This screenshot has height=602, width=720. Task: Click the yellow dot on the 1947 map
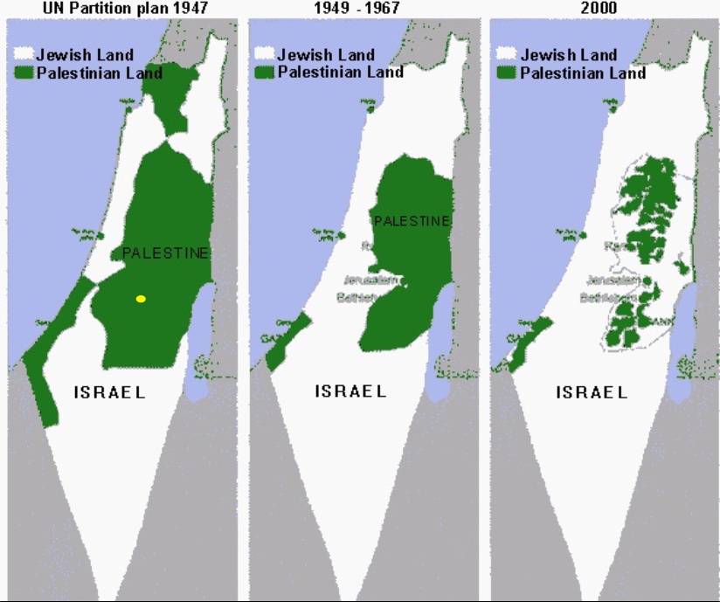pos(141,299)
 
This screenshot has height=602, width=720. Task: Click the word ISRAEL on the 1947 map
pos(108,392)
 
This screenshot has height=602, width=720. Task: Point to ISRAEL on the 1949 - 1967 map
pos(350,391)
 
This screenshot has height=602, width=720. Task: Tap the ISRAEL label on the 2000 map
pos(592,392)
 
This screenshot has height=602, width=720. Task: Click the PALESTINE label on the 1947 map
pos(166,253)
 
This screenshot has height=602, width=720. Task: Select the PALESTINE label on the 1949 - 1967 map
pos(412,221)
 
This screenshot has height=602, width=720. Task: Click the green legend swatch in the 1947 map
pos(24,73)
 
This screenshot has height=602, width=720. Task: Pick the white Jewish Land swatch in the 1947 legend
pos(24,55)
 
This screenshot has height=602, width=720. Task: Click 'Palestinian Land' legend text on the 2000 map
pos(583,73)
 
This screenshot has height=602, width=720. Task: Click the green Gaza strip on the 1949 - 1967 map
pos(284,342)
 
